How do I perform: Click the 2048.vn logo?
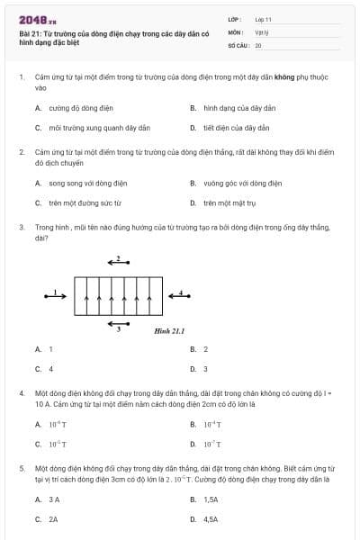(x=38, y=19)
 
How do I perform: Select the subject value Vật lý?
(x=261, y=31)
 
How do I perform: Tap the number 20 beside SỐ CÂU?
(x=258, y=44)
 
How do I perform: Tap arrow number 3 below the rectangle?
(x=118, y=324)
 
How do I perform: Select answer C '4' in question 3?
(x=50, y=369)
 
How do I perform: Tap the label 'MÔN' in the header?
(x=235, y=31)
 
